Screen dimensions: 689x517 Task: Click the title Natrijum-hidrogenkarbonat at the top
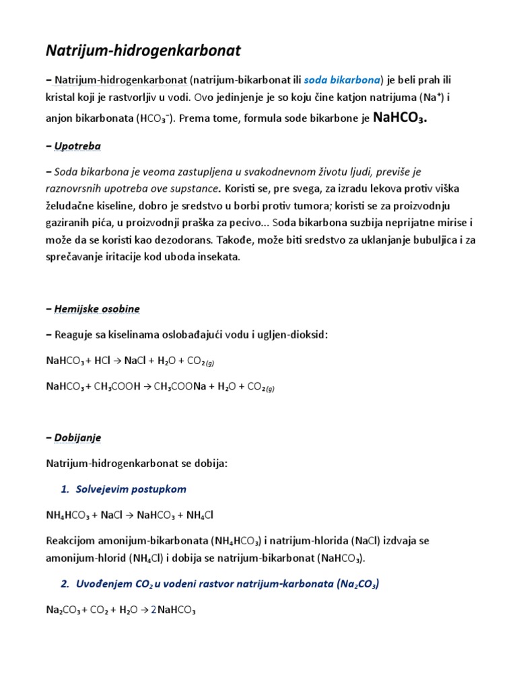pos(143,50)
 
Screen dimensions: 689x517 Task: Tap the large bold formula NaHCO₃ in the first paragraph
pos(400,118)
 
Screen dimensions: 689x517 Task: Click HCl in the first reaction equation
pos(102,361)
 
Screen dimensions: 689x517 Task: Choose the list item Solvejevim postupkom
pos(131,489)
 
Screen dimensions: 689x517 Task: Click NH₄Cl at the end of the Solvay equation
pos(200,515)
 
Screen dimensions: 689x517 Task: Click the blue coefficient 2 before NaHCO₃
pos(153,611)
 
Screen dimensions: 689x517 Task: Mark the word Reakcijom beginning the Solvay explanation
pos(71,541)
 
